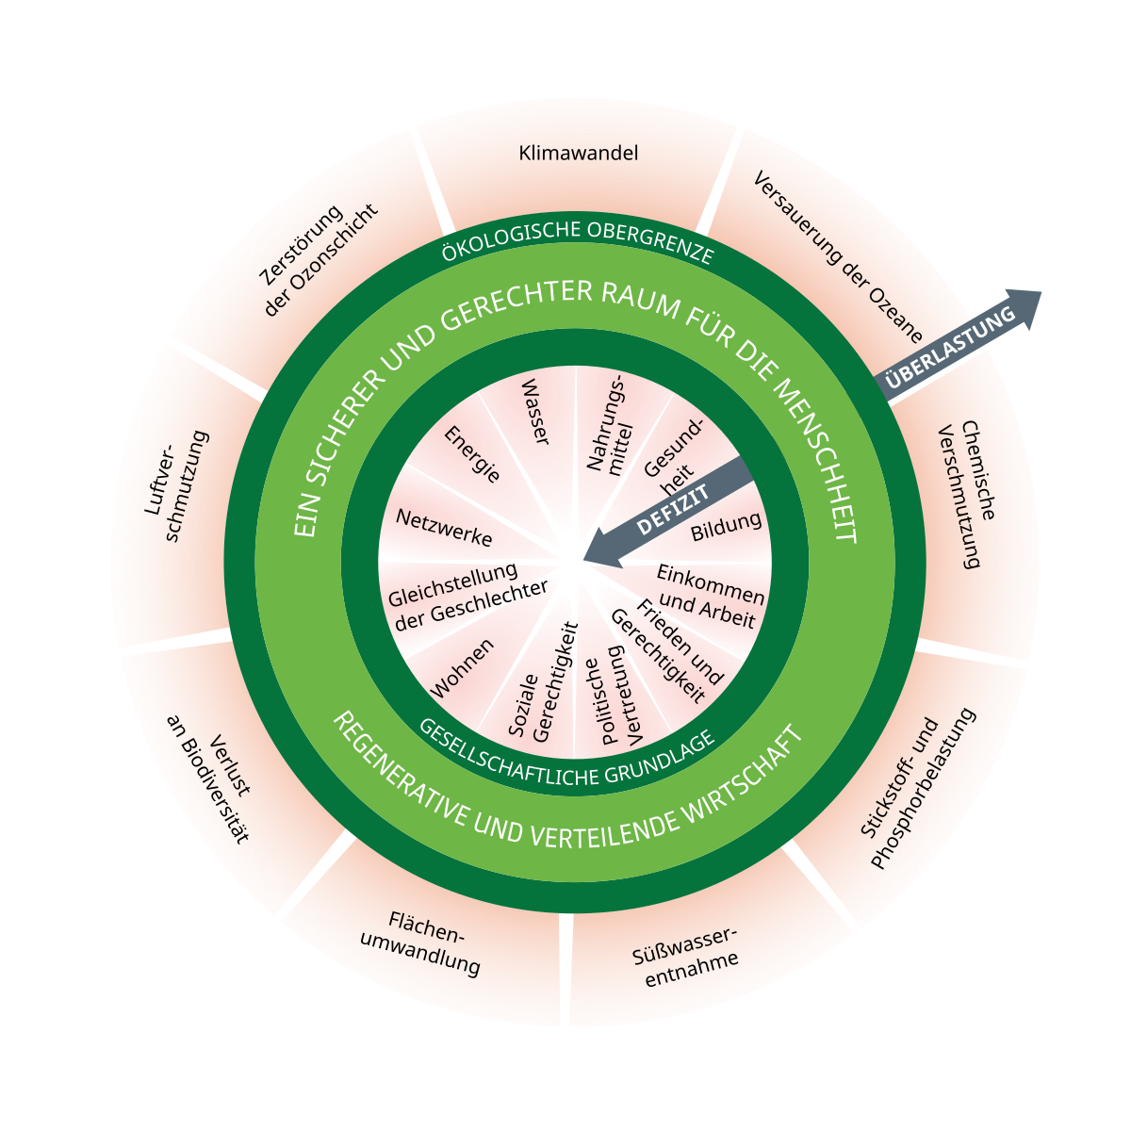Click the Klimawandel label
[x=578, y=153]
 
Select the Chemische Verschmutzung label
[x=970, y=494]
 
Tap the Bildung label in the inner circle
[x=726, y=527]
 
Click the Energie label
[x=472, y=454]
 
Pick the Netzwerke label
[x=444, y=529]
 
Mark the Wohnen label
[x=463, y=668]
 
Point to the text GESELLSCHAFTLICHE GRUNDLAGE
[x=566, y=754]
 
